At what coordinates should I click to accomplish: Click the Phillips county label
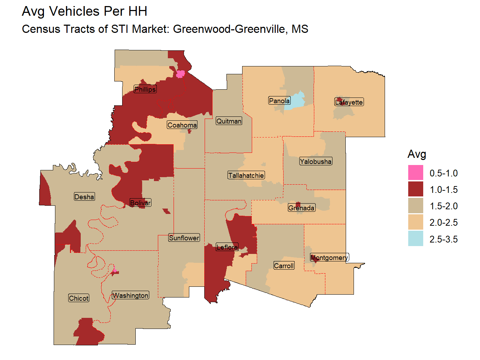(145, 89)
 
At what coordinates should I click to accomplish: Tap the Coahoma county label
(182, 125)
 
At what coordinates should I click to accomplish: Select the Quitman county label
(229, 121)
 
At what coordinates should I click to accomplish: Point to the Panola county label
(279, 101)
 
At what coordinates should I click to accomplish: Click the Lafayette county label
(349, 102)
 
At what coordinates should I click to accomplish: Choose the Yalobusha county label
(316, 161)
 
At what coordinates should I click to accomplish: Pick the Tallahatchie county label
(246, 175)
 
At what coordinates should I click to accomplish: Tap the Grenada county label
(301, 208)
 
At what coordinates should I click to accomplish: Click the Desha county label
(84, 197)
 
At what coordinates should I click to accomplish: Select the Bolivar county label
(140, 203)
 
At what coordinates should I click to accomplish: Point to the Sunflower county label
(184, 238)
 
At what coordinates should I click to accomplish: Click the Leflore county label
(227, 247)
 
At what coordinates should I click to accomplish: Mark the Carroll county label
(284, 266)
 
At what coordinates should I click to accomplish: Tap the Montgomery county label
(329, 257)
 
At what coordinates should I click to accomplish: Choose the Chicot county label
(79, 298)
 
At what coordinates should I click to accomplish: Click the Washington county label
(130, 295)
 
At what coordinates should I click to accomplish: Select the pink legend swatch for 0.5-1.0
(415, 173)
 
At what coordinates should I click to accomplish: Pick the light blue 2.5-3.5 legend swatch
(415, 239)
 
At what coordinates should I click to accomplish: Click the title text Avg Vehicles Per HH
(85, 11)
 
